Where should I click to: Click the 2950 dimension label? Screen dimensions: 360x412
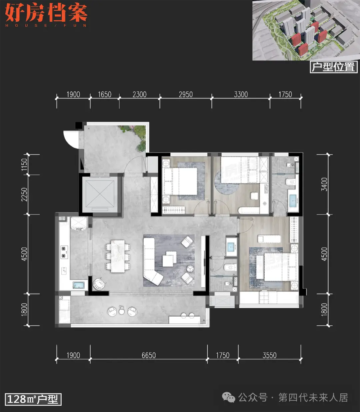186,94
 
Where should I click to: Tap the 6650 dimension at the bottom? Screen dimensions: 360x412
149,355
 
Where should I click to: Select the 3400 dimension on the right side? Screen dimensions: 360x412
324,184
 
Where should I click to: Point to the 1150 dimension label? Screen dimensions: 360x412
24,164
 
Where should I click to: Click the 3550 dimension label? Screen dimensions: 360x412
269,355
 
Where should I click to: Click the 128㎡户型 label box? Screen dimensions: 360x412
33,399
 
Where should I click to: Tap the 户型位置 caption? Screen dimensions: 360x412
334,67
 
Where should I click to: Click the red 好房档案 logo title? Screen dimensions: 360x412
46,13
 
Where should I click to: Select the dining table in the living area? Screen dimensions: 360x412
118,256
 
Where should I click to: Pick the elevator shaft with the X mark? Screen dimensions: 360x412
100,194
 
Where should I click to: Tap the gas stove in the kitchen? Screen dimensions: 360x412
64,252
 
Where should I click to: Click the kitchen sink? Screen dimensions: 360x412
79,285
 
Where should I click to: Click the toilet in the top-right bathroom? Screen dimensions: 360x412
290,182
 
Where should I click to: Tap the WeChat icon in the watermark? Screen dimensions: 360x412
229,397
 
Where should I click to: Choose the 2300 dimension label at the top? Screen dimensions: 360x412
139,94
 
